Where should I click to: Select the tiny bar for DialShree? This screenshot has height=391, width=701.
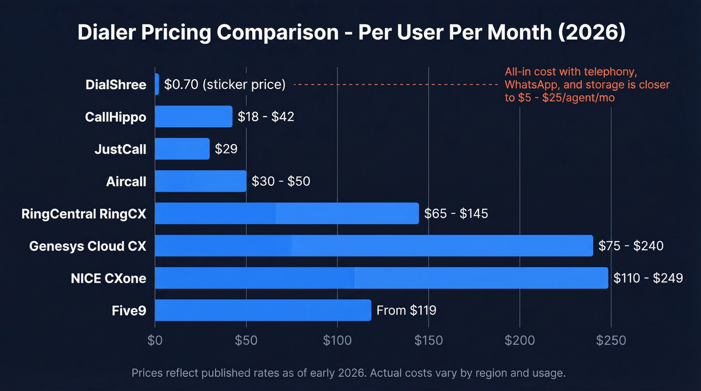point(157,84)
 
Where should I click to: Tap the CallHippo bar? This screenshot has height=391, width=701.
point(194,117)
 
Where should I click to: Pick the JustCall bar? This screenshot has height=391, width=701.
point(182,149)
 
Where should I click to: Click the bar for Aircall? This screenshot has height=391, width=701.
point(200,181)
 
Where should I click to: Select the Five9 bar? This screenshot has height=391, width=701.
point(263,310)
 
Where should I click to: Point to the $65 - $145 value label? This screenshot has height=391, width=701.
point(456,214)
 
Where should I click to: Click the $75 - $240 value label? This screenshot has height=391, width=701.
point(631,246)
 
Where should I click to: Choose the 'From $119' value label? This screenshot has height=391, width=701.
point(406,310)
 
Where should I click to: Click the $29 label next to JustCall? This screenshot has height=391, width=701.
point(226,149)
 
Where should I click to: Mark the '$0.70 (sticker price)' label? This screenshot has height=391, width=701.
point(225,85)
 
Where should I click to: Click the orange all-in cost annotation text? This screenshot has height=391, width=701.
point(587,85)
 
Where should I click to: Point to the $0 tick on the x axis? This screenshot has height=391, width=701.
point(155,340)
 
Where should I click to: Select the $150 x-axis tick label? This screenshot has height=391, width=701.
point(429,340)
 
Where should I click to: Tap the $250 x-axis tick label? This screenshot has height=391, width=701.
point(611,340)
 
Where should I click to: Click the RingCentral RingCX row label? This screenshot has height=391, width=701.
point(84,214)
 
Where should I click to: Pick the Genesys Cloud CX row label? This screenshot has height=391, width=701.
point(88,246)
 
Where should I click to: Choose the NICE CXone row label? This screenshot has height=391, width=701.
point(109,278)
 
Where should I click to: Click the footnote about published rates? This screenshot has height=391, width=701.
point(348,373)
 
